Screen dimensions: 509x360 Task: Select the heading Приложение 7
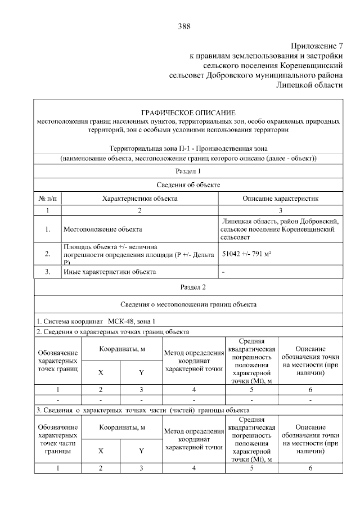point(316,46)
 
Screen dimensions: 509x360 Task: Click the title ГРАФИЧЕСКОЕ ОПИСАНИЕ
point(188,112)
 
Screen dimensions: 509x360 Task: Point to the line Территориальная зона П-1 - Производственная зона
point(188,148)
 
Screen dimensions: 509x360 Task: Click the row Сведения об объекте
point(188,184)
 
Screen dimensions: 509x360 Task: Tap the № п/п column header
point(48,198)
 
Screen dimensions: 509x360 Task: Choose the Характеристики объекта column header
point(139,198)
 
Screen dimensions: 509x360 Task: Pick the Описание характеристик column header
point(280,198)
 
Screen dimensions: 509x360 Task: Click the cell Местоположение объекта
point(102,229)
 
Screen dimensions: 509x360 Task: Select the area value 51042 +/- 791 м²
point(247,254)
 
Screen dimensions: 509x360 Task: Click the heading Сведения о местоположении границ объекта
point(188,304)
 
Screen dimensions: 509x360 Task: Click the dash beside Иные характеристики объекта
point(224,272)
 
